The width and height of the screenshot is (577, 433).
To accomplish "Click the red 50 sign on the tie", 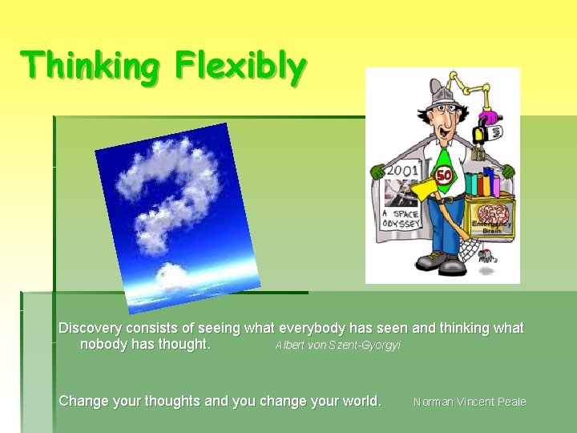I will click(x=444, y=175).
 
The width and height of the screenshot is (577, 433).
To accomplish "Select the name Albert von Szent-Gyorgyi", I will click(x=337, y=346).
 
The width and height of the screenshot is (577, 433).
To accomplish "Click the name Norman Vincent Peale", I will click(x=470, y=402).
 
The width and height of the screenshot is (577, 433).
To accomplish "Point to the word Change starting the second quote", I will click(x=83, y=400).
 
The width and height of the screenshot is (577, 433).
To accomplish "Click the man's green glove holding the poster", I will click(x=377, y=171).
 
